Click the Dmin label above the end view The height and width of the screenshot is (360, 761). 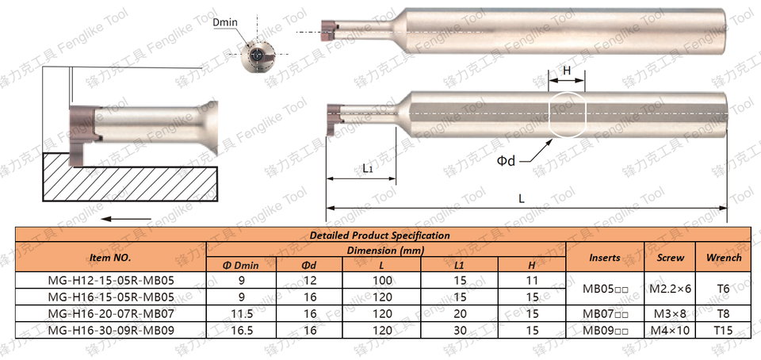point(226,23)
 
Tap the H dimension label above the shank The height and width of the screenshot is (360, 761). point(566,71)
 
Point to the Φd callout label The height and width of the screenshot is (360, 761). point(506,161)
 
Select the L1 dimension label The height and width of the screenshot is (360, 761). point(367,169)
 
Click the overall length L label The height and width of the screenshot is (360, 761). point(522,198)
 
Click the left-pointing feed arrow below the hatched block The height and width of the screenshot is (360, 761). point(126,219)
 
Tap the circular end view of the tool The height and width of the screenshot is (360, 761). point(257,56)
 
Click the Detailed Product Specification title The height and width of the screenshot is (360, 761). point(380,236)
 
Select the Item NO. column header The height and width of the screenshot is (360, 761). point(111,258)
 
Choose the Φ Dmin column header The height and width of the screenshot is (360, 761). point(241,266)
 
